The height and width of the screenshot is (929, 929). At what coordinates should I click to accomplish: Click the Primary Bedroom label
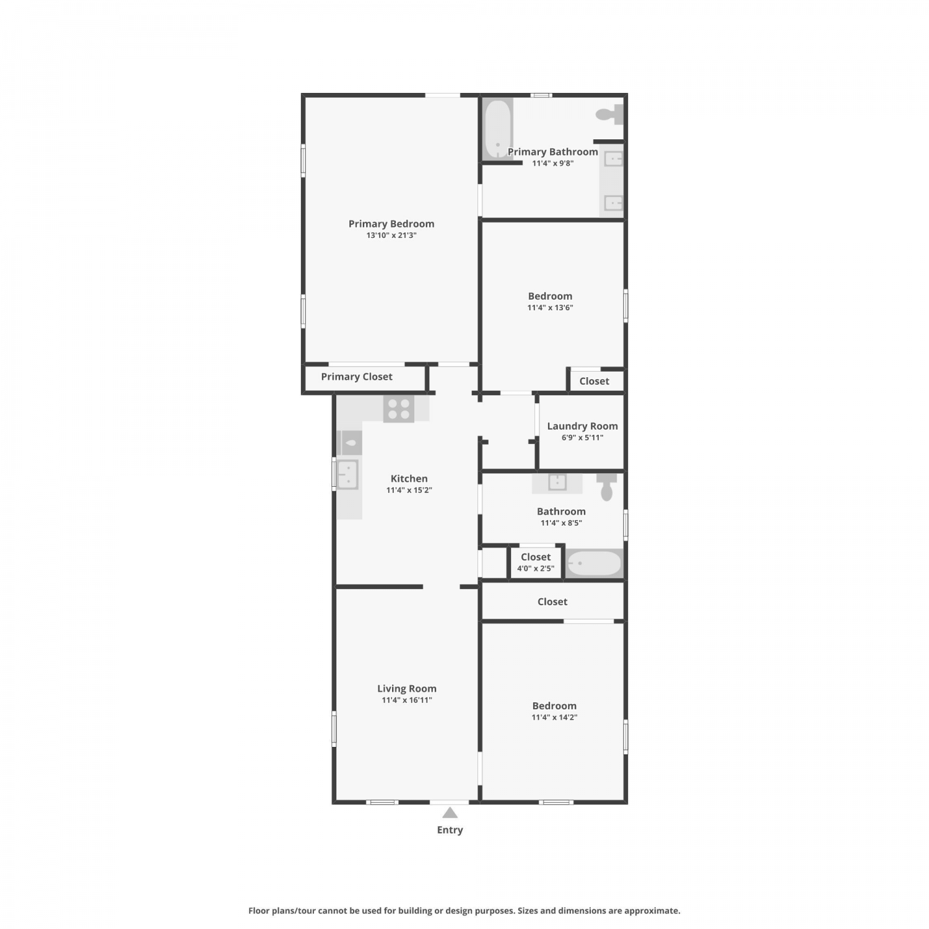[391, 224]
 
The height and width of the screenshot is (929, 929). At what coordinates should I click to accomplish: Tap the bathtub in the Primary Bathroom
[498, 130]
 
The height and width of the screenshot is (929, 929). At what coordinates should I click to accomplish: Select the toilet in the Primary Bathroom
[609, 115]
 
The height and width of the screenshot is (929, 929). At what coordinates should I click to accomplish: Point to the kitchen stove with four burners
[399, 409]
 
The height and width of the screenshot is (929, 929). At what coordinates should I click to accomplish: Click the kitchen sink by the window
[347, 474]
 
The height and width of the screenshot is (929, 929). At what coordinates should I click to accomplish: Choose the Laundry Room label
[582, 426]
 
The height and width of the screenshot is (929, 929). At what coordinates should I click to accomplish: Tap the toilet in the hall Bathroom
[607, 487]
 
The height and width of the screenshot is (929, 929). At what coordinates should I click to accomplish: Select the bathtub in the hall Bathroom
[594, 564]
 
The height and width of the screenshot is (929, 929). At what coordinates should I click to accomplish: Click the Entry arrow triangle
[450, 813]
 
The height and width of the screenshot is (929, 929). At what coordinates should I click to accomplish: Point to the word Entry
[450, 830]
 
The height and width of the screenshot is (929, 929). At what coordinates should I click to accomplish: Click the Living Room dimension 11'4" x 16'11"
[407, 700]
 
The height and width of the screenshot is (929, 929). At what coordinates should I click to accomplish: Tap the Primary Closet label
[357, 377]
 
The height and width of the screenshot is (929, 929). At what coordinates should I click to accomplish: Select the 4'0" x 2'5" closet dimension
[536, 569]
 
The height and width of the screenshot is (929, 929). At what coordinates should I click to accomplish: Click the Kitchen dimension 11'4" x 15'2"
[409, 490]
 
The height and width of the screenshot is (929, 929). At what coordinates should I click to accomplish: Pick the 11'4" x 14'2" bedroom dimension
[554, 717]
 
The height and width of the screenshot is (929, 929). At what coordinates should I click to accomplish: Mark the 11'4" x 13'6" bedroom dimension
[550, 307]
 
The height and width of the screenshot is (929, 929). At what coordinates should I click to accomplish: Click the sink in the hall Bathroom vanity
[557, 482]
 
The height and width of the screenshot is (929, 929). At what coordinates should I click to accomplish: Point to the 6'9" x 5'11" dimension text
[582, 437]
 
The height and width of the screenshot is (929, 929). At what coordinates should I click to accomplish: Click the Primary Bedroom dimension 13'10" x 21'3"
[391, 235]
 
